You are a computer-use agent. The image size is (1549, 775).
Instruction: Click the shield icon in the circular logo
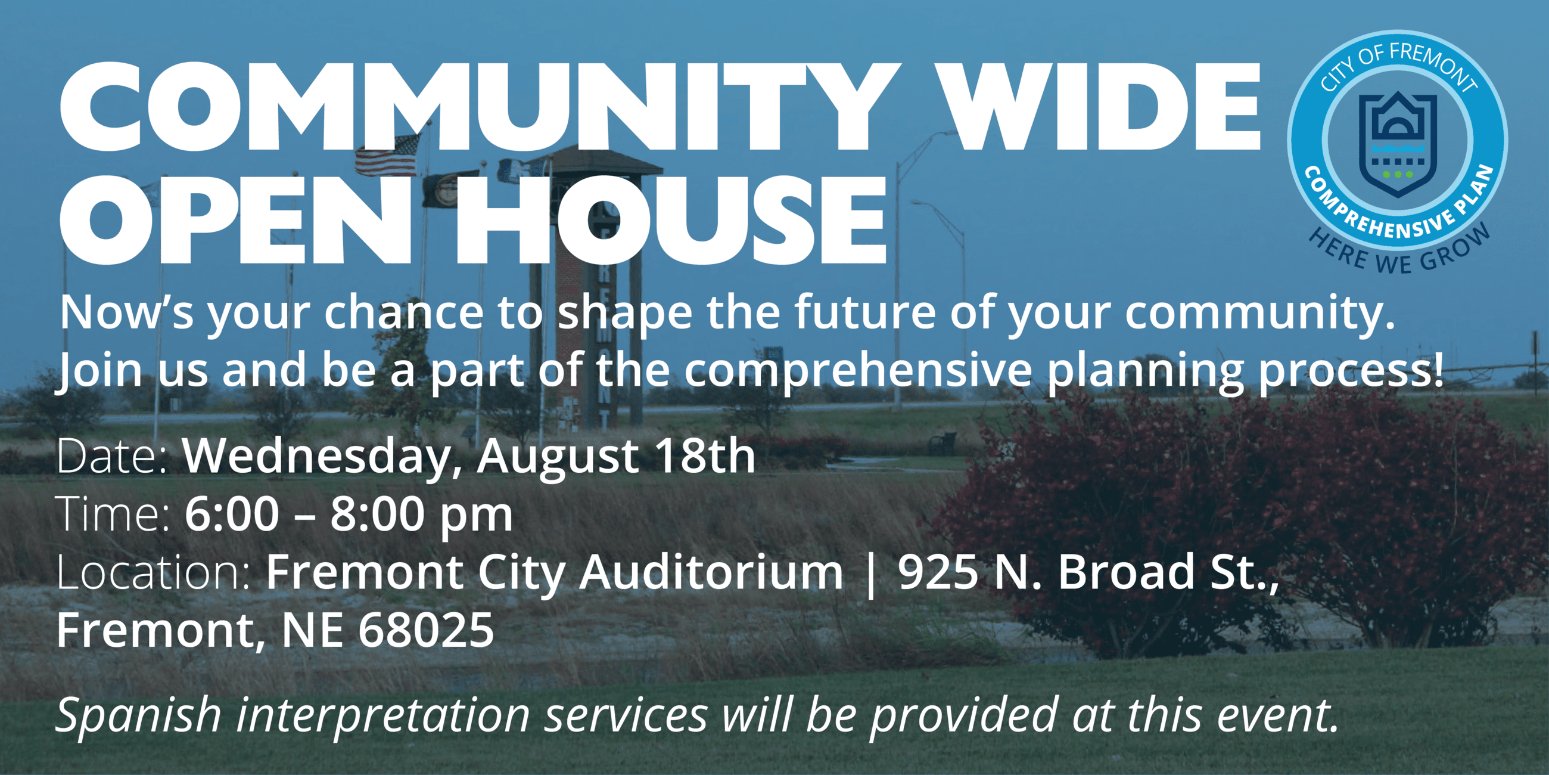(x=1398, y=144)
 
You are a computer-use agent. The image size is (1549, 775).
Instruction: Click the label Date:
(x=112, y=456)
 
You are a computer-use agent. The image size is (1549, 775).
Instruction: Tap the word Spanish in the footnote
(x=138, y=716)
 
